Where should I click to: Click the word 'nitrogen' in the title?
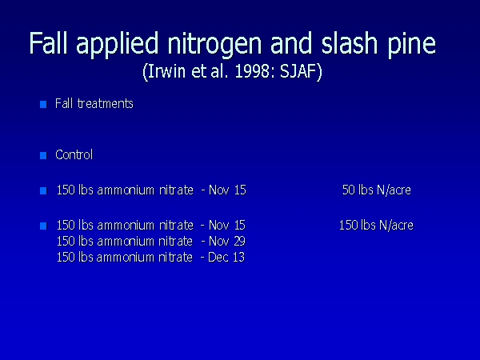click(214, 44)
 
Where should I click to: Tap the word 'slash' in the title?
click(350, 42)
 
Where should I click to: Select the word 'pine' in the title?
click(412, 44)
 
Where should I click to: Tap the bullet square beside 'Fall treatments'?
click(43, 104)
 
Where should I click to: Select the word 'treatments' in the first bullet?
click(106, 104)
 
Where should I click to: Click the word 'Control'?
click(74, 154)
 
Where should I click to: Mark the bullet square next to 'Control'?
click(43, 155)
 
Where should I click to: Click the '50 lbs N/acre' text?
click(377, 190)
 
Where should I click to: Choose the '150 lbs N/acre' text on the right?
click(376, 226)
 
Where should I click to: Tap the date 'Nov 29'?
click(227, 242)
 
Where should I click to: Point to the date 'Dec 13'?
click(226, 257)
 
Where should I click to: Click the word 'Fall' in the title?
click(48, 42)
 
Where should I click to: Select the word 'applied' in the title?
click(117, 44)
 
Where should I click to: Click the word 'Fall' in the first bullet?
click(64, 103)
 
